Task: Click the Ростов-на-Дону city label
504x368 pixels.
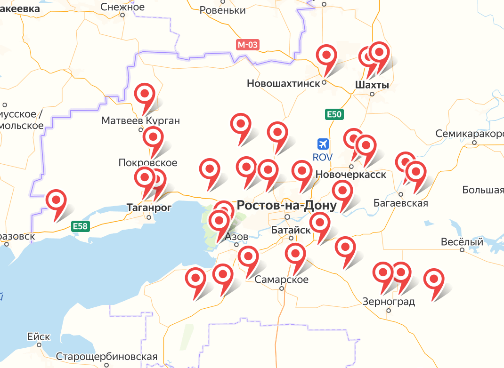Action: click(x=286, y=206)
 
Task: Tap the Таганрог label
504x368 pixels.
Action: click(x=149, y=207)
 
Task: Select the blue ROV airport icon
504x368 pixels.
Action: click(x=323, y=144)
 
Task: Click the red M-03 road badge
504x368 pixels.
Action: click(x=248, y=45)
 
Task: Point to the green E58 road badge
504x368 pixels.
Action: click(x=80, y=226)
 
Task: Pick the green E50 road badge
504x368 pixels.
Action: click(x=334, y=114)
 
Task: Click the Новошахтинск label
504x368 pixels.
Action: click(x=283, y=84)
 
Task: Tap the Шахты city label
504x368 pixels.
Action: click(x=372, y=85)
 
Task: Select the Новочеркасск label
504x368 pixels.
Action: click(x=351, y=175)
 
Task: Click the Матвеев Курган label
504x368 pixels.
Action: click(x=140, y=121)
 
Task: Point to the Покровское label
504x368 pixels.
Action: click(x=148, y=163)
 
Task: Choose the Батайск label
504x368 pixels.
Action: click(x=291, y=230)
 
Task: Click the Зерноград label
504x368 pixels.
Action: click(x=389, y=302)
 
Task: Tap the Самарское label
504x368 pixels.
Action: click(x=281, y=280)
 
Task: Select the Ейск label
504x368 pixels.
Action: click(x=39, y=337)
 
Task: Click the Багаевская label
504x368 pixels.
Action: click(x=400, y=203)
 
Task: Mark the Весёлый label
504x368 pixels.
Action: click(x=462, y=242)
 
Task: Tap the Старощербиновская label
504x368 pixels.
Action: click(x=106, y=357)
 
